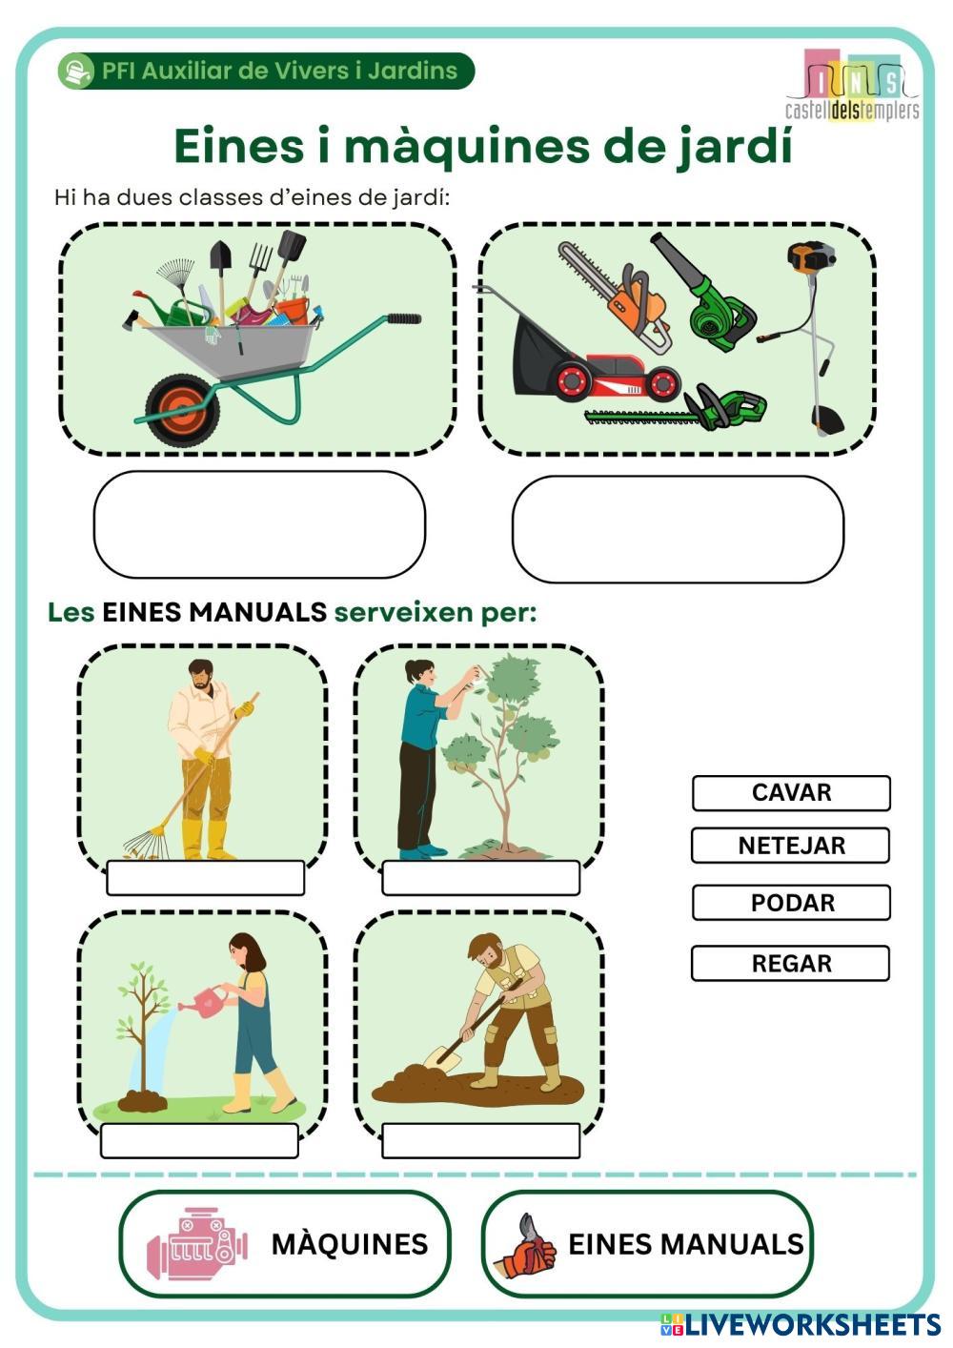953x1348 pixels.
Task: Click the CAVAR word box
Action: point(791,793)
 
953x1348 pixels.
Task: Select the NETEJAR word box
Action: point(791,846)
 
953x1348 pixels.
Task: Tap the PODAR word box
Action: point(791,902)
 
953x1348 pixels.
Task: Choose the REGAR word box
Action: point(791,964)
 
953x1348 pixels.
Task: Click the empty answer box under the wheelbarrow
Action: point(259,524)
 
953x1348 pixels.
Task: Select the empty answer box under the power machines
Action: point(678,529)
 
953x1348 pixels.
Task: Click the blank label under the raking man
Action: point(205,878)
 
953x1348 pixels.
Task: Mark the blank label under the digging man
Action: point(480,1140)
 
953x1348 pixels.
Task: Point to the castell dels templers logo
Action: point(853,84)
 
